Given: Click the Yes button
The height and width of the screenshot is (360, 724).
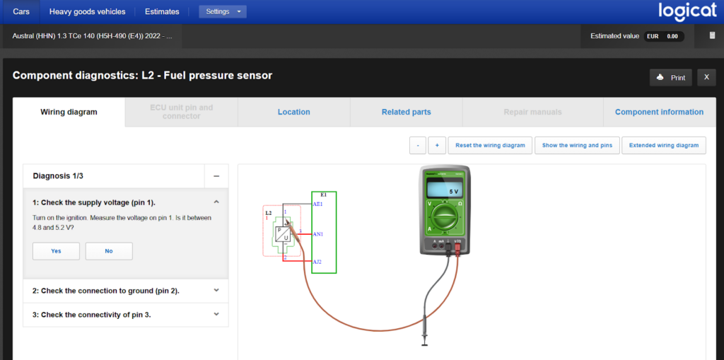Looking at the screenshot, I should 56,251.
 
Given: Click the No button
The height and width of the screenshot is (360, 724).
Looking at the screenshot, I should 109,251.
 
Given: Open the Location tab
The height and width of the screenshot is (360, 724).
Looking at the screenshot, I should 293,112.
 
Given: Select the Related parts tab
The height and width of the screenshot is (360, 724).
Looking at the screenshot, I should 406,112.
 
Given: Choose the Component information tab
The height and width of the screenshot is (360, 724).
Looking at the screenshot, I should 659,112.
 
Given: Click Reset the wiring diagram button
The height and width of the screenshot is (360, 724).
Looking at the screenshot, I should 490,145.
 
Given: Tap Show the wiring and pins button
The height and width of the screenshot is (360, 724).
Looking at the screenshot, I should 577,145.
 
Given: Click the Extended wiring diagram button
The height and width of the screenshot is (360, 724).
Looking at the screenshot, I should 664,145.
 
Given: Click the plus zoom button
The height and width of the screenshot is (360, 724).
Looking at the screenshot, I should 436,145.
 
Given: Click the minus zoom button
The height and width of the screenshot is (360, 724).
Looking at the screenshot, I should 418,145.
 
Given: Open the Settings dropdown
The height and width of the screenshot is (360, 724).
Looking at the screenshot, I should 223,11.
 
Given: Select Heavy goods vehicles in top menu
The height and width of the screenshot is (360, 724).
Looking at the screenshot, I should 87,11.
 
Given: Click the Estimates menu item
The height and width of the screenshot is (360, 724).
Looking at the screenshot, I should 162,11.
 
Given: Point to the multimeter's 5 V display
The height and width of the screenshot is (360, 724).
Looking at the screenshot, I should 446,192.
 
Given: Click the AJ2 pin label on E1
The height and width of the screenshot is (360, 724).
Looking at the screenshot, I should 317,262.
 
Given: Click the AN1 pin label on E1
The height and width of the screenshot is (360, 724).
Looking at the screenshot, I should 317,233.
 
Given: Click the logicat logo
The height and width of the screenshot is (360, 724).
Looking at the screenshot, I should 687,11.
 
